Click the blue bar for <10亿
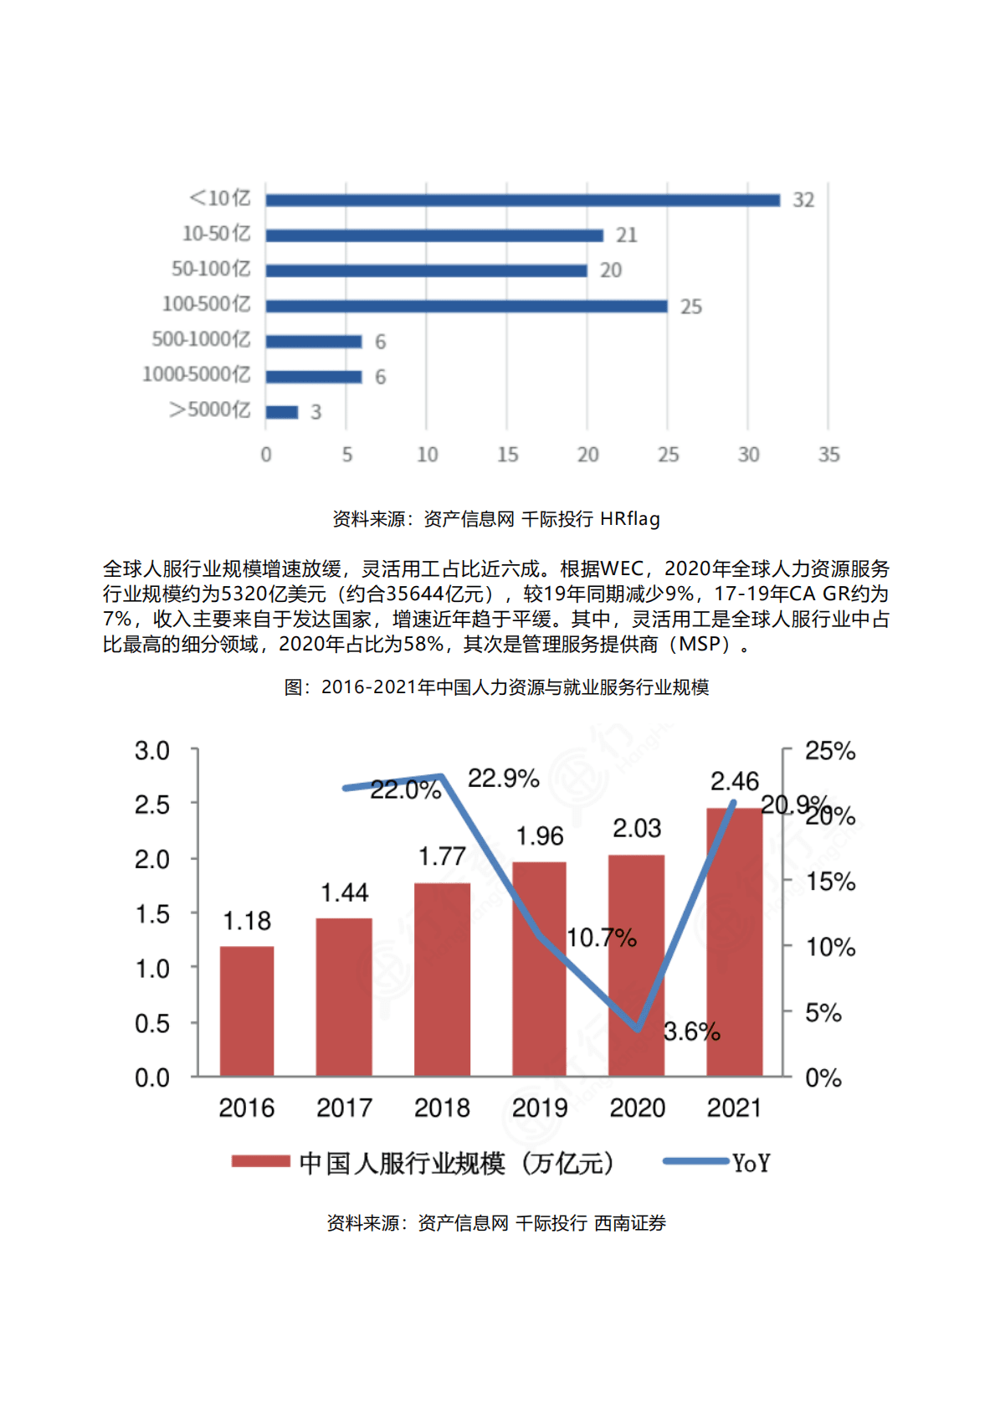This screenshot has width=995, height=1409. coord(522,200)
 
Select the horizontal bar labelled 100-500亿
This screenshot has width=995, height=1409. coord(466,306)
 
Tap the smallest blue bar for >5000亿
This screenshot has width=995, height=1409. coord(282,412)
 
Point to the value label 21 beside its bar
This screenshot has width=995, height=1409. coord(626,235)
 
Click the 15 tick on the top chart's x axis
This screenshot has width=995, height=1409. coord(507,455)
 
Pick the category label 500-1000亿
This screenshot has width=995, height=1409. coord(201,339)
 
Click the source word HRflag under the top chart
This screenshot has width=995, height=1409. coord(630,519)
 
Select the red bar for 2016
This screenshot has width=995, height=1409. coord(247,1010)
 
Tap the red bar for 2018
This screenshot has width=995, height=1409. coord(442,979)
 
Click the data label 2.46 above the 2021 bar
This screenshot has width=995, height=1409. coord(734,781)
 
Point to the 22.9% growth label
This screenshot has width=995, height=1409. coord(503,779)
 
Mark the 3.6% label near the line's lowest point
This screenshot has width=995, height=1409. coord(691,1031)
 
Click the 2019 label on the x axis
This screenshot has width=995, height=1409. coord(540,1108)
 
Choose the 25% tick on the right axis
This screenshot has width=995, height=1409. coord(829,751)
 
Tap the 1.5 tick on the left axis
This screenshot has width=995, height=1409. coord(152,914)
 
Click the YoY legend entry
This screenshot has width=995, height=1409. coord(751,1163)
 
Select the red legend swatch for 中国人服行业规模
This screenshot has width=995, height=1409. coord(260,1161)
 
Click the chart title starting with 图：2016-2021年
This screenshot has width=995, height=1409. coord(496,687)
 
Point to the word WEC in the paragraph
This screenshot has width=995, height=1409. coord(621,569)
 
